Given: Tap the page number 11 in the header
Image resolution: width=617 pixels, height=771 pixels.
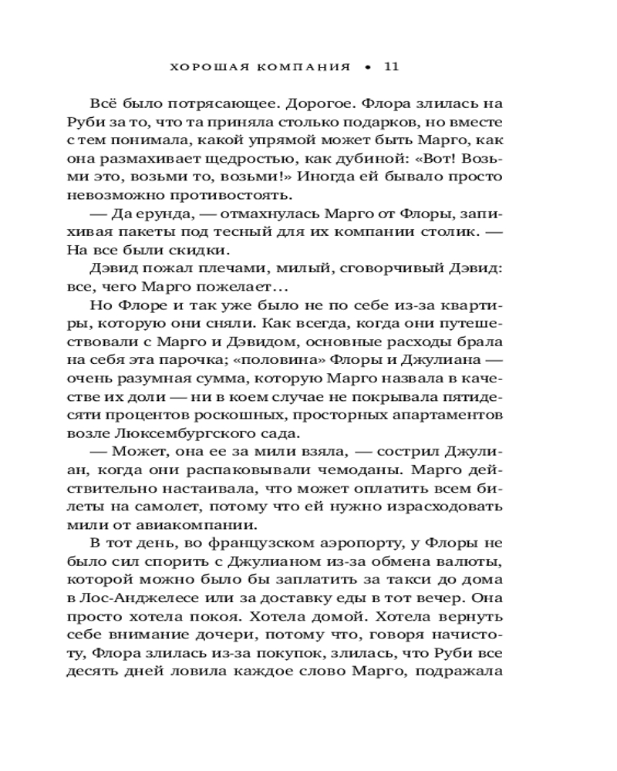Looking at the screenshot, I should click(x=390, y=67).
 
